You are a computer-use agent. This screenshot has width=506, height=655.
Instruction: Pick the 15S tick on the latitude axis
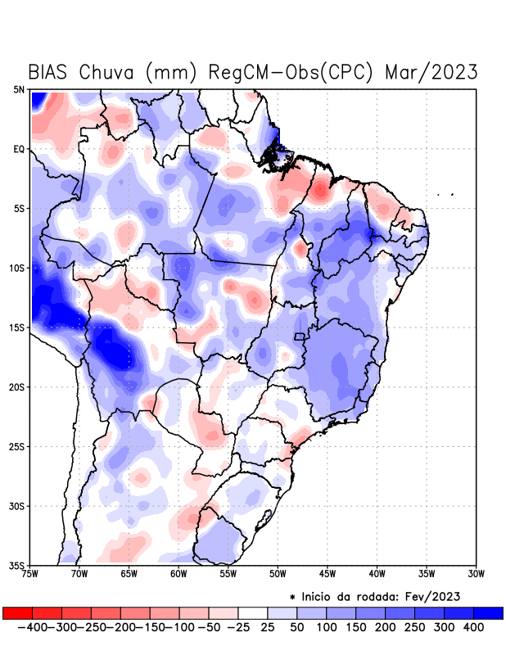17,327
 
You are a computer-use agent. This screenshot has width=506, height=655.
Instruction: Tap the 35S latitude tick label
17,565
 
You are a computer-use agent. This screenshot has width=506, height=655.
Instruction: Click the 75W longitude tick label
31,574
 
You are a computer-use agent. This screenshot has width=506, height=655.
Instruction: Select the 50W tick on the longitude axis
278,574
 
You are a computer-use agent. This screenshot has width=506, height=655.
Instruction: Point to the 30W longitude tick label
476,574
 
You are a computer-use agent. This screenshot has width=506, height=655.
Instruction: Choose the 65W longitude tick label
129,574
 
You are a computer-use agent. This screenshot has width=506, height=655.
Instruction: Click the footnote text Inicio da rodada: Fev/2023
379,595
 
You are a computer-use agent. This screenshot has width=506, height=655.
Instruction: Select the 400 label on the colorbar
473,626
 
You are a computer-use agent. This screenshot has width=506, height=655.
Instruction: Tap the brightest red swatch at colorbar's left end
17,612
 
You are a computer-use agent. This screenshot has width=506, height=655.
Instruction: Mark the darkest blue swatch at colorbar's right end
488,612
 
